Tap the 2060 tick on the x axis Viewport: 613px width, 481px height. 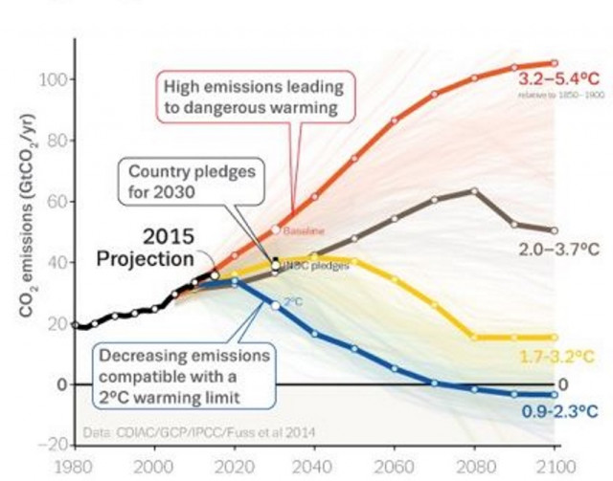click(396, 470)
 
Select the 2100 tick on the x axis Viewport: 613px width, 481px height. click(556, 470)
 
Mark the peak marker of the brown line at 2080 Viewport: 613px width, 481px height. click(474, 191)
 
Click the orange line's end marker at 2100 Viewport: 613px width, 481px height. click(554, 63)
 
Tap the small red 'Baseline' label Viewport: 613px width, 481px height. click(298, 230)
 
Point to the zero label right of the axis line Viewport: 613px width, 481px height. click(564, 383)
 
